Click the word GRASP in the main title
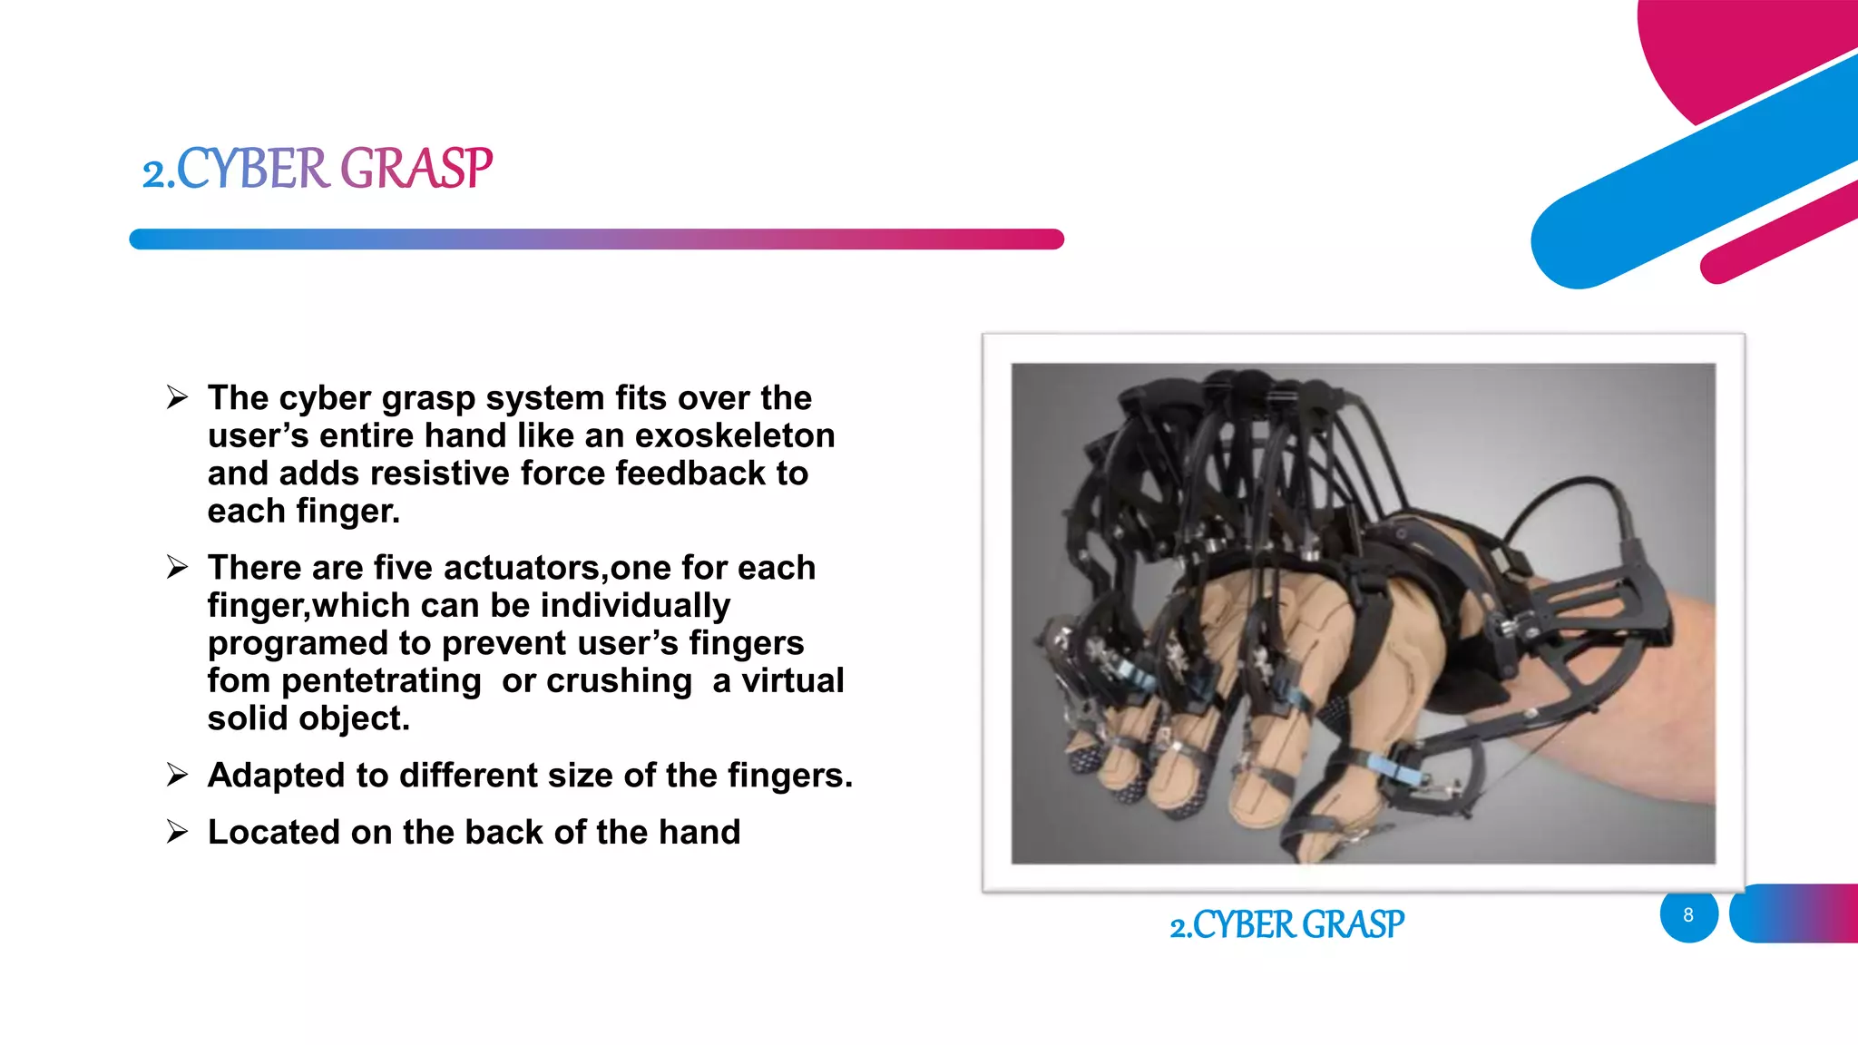(x=416, y=169)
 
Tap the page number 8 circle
(x=1688, y=914)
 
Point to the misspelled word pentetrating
(x=381, y=681)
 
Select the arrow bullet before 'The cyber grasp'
(x=177, y=397)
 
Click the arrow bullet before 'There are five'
(x=177, y=568)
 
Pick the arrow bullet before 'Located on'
(x=177, y=832)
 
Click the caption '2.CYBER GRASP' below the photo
(x=1286, y=925)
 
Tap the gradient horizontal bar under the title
(x=596, y=239)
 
